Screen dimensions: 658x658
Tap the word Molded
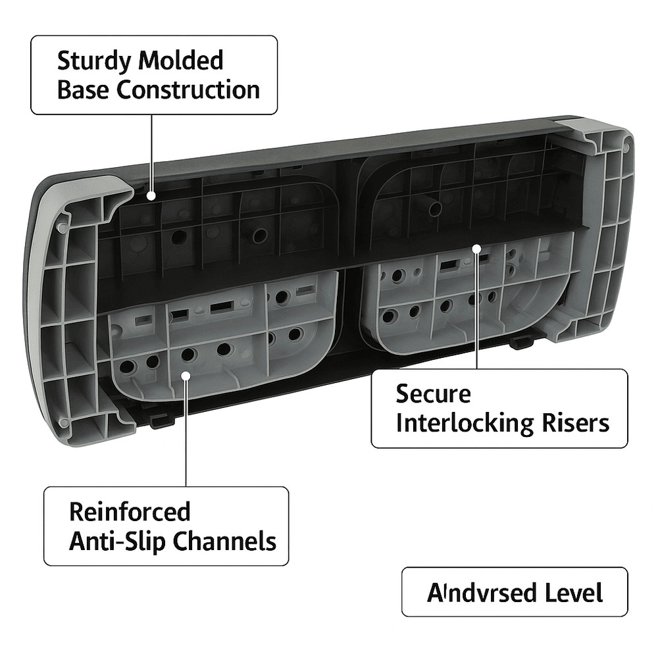click(181, 62)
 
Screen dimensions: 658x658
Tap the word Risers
click(577, 423)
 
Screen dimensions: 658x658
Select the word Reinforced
click(120, 512)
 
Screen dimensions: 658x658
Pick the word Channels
click(225, 542)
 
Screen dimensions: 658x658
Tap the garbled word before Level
click(481, 593)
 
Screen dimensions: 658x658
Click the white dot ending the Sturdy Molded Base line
click(151, 195)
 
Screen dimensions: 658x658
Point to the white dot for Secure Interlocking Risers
click(477, 249)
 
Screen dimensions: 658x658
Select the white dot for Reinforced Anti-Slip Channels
click(186, 376)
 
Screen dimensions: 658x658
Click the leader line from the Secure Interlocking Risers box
click(477, 309)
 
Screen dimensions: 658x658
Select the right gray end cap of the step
click(602, 224)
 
